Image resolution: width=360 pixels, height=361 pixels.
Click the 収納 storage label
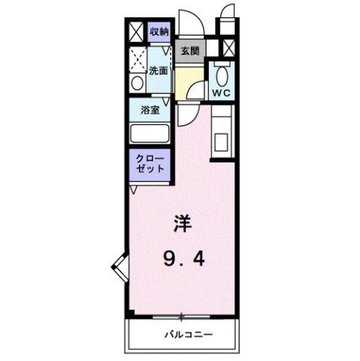tap(159, 31)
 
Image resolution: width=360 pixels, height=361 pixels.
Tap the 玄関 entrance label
tap(189, 51)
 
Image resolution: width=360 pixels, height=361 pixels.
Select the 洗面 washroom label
tap(158, 71)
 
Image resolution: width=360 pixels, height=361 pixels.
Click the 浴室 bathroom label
tap(150, 110)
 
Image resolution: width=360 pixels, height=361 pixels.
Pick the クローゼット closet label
tap(150, 163)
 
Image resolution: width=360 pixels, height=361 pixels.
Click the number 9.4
tap(184, 260)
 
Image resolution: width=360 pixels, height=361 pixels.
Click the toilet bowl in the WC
tap(221, 75)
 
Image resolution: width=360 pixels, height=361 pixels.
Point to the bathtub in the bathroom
tap(150, 133)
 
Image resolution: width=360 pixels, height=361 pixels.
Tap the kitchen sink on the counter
tap(222, 140)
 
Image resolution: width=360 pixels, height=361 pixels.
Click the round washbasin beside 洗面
tap(137, 83)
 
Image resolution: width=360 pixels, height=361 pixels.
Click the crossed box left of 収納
tap(136, 32)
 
